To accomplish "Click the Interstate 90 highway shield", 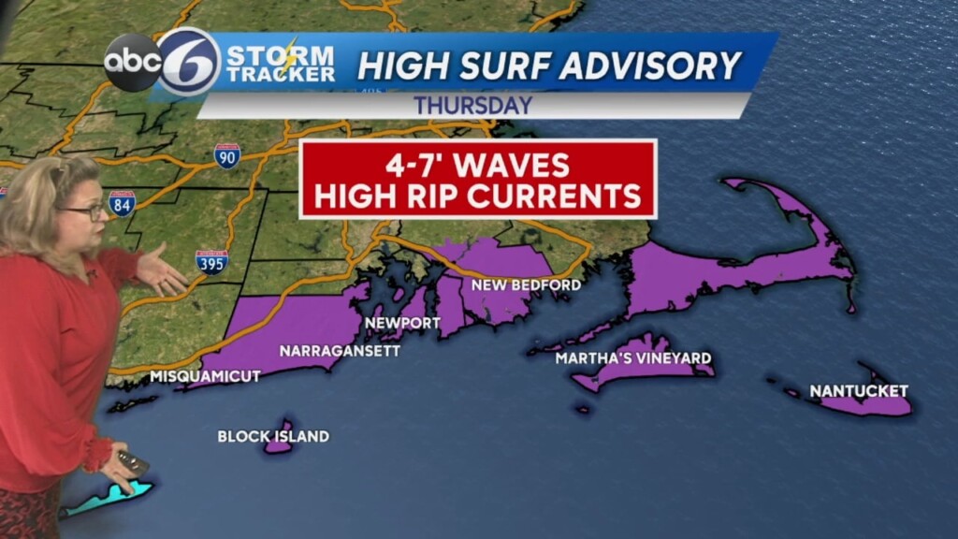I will pyautogui.click(x=226, y=155).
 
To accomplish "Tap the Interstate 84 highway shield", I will pyautogui.click(x=121, y=203).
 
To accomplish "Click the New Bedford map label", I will pyautogui.click(x=526, y=284).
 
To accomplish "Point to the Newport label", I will pyautogui.click(x=402, y=323).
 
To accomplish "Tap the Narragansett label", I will pyautogui.click(x=340, y=351).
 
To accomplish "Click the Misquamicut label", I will pyautogui.click(x=205, y=376).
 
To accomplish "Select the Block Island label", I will pyautogui.click(x=273, y=436).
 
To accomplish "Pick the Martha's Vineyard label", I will pyautogui.click(x=632, y=358).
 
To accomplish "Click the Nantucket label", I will pyautogui.click(x=859, y=390).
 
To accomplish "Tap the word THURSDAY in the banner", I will pyautogui.click(x=473, y=106).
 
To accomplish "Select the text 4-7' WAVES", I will pyautogui.click(x=478, y=165).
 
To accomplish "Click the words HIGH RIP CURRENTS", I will pyautogui.click(x=478, y=197).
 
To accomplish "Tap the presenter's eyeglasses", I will pyautogui.click(x=87, y=211).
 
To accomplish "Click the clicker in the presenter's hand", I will pyautogui.click(x=132, y=460).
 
